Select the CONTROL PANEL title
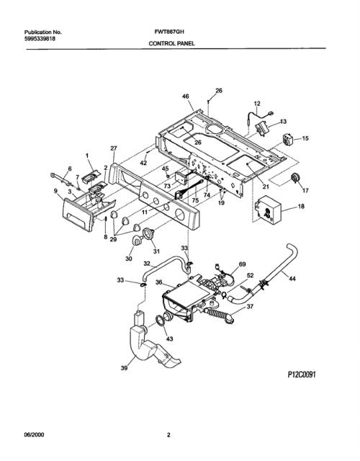[171, 43]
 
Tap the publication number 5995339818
[40, 38]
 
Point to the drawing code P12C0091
[302, 375]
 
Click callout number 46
[186, 97]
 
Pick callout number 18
[301, 207]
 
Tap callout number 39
[125, 367]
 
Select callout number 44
[292, 279]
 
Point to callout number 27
[114, 148]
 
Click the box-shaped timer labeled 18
[267, 210]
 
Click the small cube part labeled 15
[288, 139]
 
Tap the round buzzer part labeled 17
[294, 179]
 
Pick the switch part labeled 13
[262, 128]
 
